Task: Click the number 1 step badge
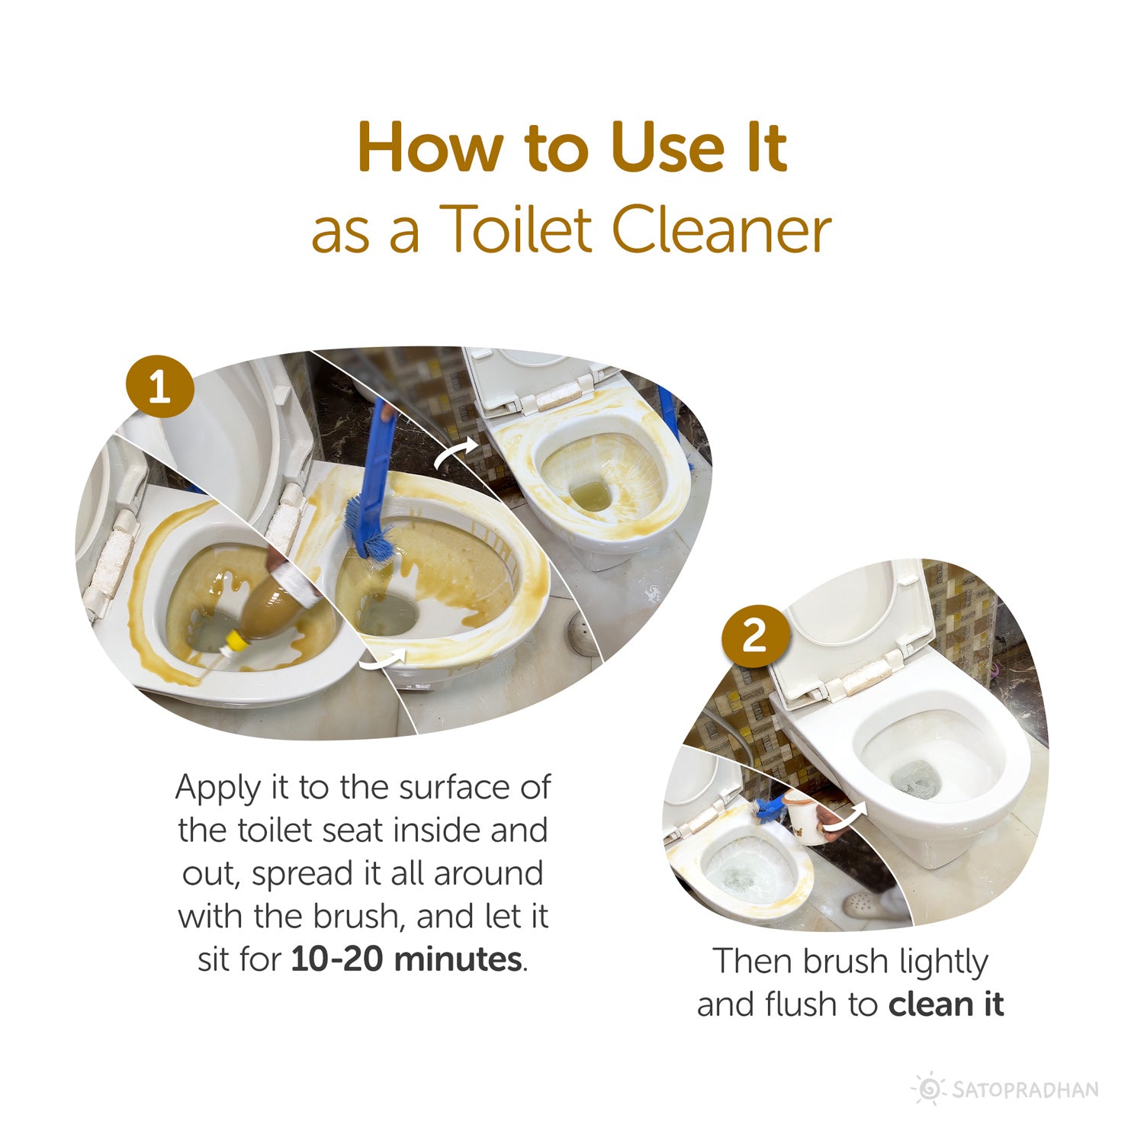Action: coord(159,387)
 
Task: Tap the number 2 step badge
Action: coord(754,635)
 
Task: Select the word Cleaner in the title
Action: coord(721,230)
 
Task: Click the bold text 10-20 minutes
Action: coord(407,959)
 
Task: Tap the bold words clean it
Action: coord(946,1004)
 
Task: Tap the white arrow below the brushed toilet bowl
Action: coord(384,660)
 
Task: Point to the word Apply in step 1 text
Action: coord(218,788)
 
